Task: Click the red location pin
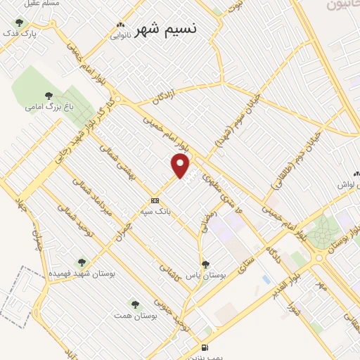[x=181, y=166]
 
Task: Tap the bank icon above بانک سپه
[x=155, y=200]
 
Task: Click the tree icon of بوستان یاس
[x=205, y=264]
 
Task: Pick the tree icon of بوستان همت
[x=134, y=304]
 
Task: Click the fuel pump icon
[x=204, y=347]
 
